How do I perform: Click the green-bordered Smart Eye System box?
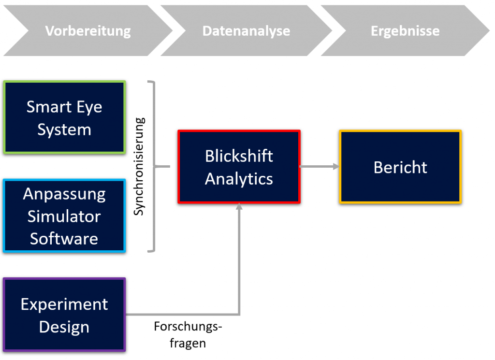pyautogui.click(x=64, y=117)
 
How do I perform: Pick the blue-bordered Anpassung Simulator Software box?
pyautogui.click(x=64, y=216)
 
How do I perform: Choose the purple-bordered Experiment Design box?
pyautogui.click(x=64, y=315)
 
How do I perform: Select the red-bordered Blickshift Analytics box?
pyautogui.click(x=239, y=167)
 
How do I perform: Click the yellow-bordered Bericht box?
pyautogui.click(x=400, y=167)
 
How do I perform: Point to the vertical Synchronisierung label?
pyautogui.click(x=139, y=166)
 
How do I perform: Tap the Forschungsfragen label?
pyautogui.click(x=188, y=334)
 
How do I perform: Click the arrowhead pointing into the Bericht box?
pyautogui.click(x=336, y=166)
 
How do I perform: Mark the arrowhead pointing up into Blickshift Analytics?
pyautogui.click(x=239, y=207)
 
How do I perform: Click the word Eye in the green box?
pyautogui.click(x=89, y=107)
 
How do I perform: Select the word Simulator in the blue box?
pyautogui.click(x=64, y=216)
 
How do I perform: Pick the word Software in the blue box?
pyautogui.click(x=64, y=239)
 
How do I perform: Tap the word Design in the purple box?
pyautogui.click(x=64, y=327)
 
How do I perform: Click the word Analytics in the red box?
pyautogui.click(x=239, y=179)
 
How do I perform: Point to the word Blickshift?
pyautogui.click(x=239, y=156)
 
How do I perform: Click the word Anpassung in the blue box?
pyautogui.click(x=64, y=194)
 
